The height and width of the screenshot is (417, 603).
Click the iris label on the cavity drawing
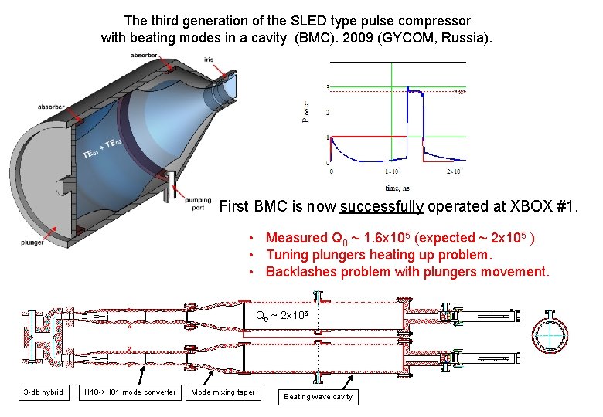click(210, 59)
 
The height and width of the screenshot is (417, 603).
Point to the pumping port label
click(198, 202)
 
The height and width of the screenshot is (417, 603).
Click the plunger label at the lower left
click(33, 242)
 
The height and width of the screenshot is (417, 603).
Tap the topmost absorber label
click(144, 55)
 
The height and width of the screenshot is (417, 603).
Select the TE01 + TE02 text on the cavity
click(101, 149)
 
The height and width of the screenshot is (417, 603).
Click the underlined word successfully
click(381, 206)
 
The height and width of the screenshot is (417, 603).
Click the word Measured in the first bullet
click(296, 238)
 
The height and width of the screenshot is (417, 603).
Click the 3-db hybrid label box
click(43, 392)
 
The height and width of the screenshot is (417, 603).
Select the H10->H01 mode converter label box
click(130, 392)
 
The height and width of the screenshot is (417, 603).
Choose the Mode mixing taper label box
click(223, 392)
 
